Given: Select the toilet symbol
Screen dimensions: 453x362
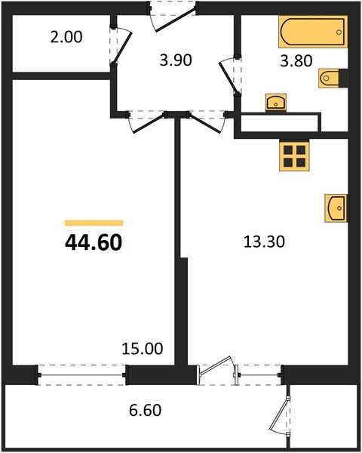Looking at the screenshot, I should coord(332,78).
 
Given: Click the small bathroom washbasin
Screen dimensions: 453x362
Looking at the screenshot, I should coord(275,102).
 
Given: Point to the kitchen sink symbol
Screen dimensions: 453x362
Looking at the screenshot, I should coord(336,207).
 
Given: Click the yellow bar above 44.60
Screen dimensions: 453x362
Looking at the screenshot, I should coord(94,223).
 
